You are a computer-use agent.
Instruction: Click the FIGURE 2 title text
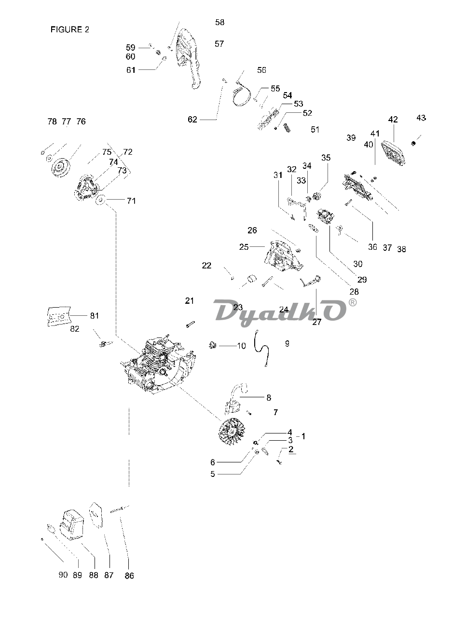[x=70, y=29]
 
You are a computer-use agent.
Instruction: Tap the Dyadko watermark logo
[x=280, y=311]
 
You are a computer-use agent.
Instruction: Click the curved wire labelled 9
[x=263, y=350]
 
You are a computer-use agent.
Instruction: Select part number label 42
[x=393, y=120]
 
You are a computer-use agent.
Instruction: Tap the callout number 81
[x=95, y=316]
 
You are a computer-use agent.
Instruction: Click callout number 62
[x=192, y=120]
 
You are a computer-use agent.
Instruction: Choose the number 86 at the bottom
[x=129, y=575]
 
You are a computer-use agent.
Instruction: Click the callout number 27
[x=317, y=322]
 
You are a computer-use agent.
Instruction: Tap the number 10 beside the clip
[x=241, y=345]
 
